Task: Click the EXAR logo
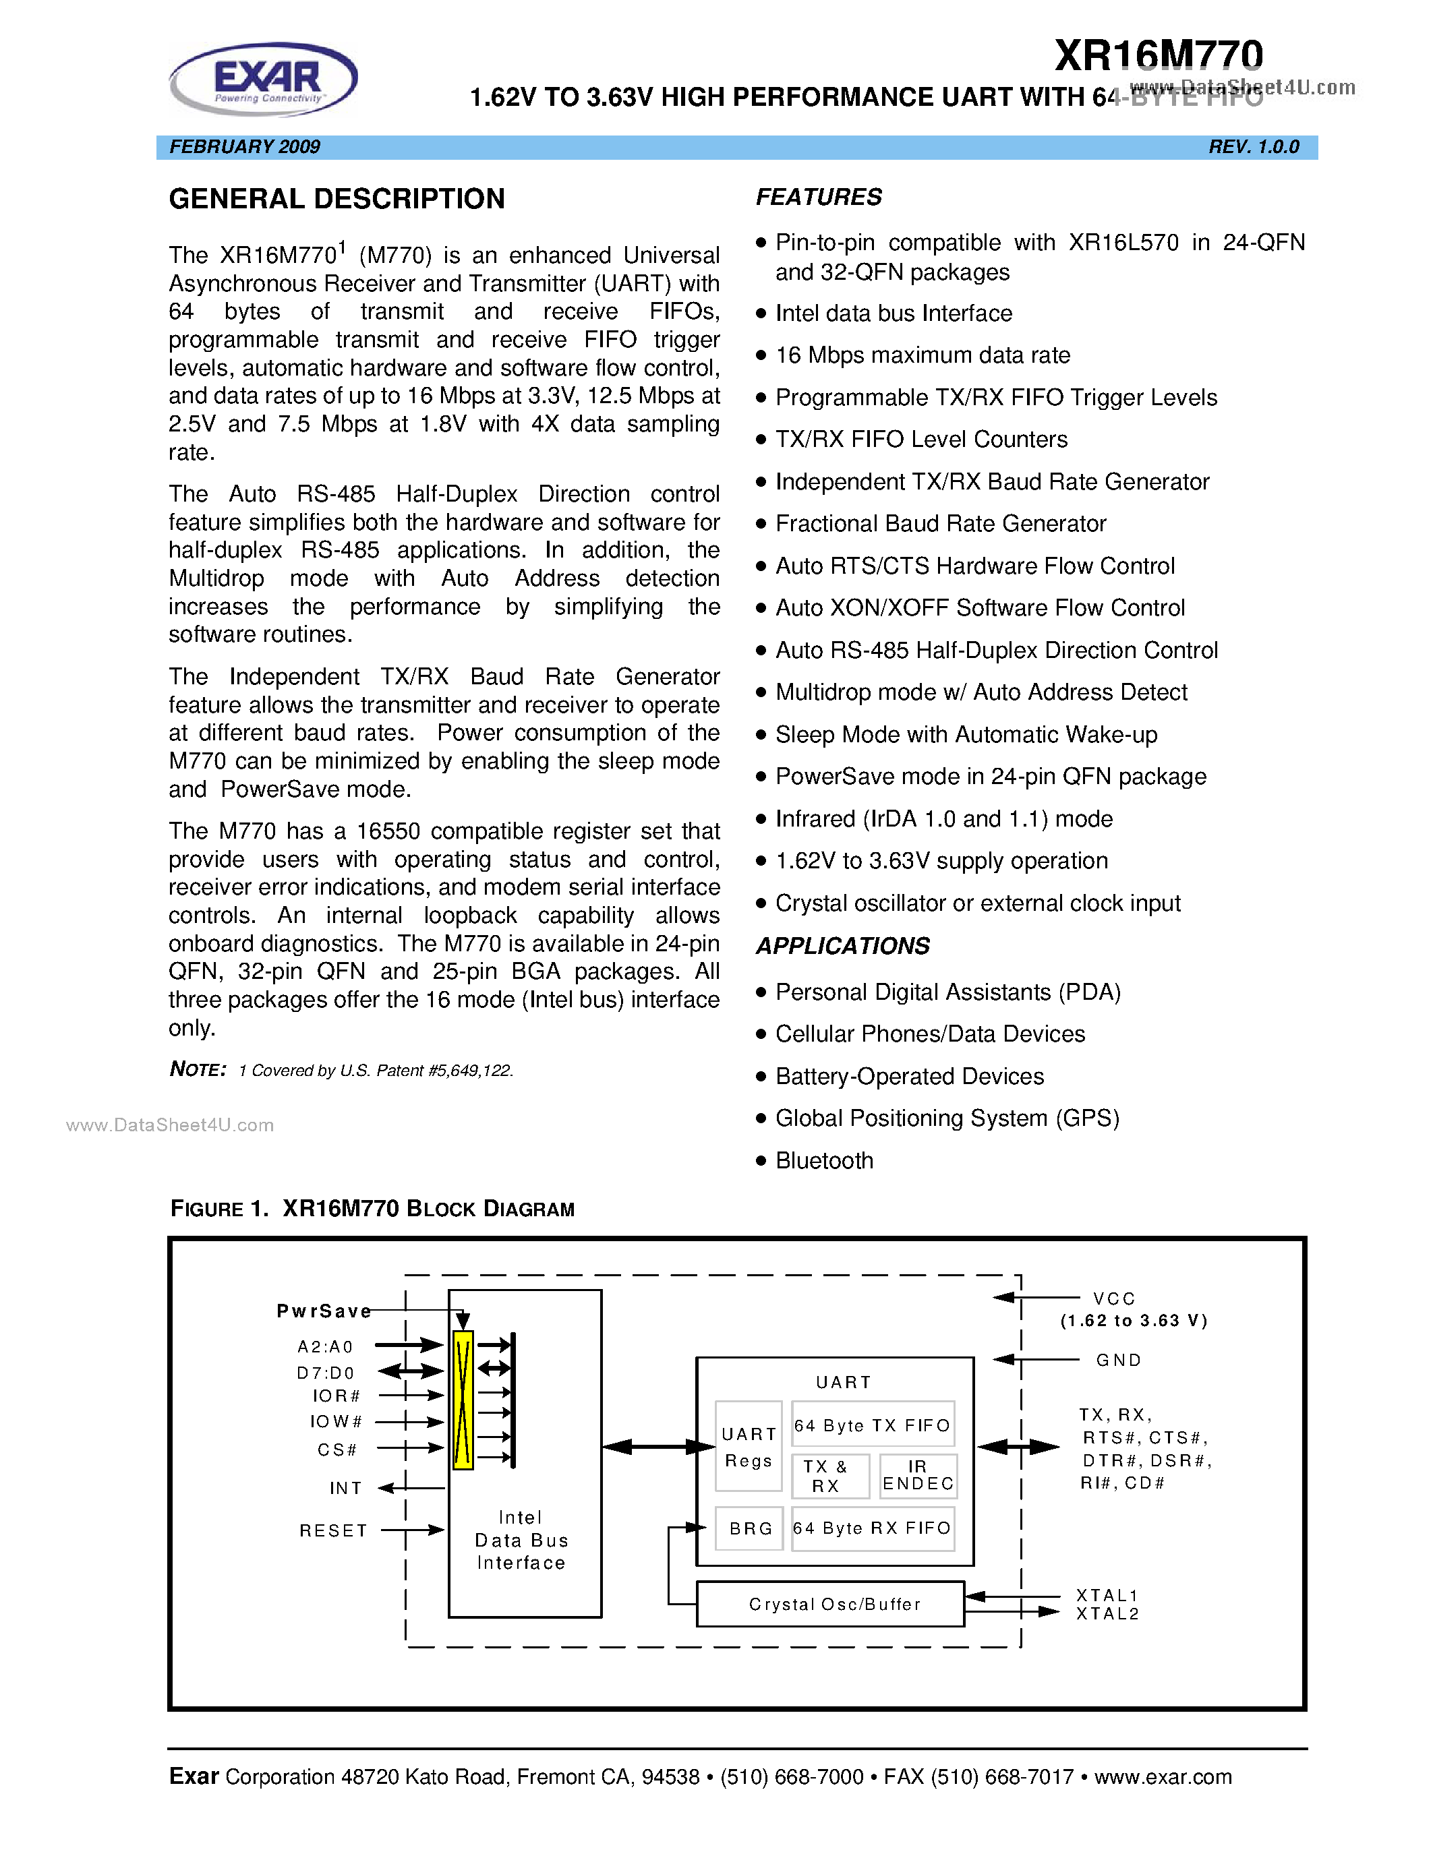(264, 79)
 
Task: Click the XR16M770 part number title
(1158, 55)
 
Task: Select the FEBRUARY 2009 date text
(245, 147)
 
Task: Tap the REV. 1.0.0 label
(1253, 147)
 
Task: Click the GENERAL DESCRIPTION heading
(337, 199)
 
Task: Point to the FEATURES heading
(819, 197)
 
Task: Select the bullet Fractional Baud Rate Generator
(940, 524)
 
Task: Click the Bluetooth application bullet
(823, 1160)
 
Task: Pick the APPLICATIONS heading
(842, 946)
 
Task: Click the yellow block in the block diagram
(463, 1400)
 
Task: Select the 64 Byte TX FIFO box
(872, 1425)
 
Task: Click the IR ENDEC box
(918, 1475)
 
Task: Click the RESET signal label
(332, 1530)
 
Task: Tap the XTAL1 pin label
(1106, 1595)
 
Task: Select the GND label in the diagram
(1118, 1360)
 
